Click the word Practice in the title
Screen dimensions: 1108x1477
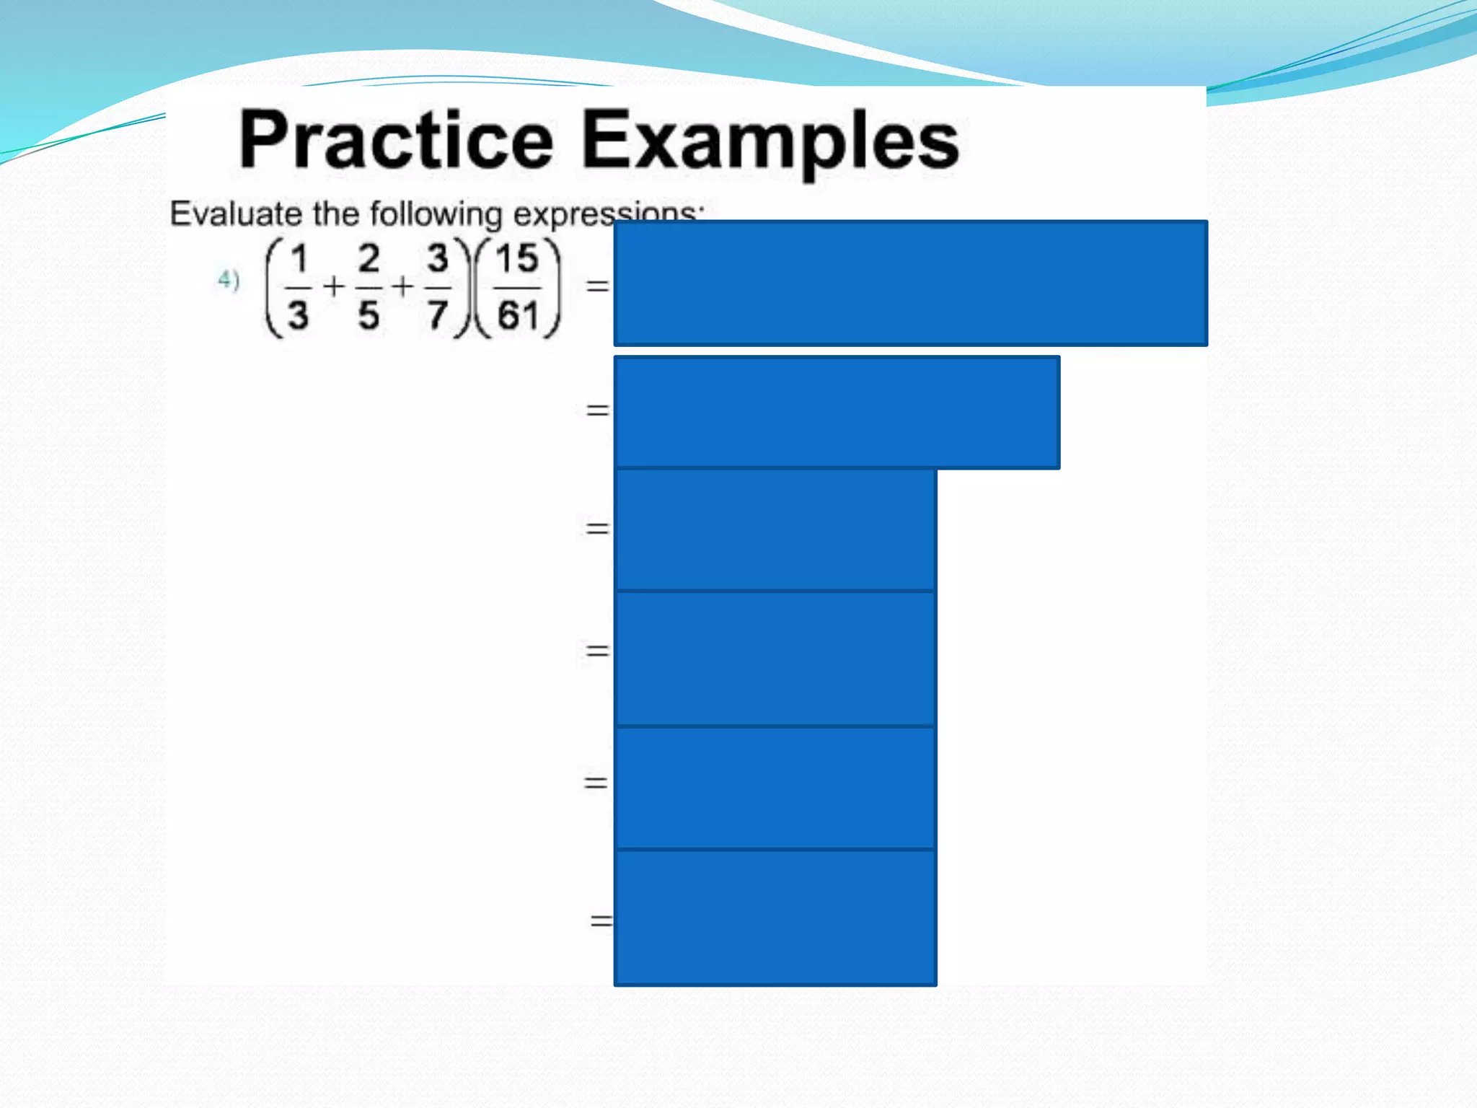pyautogui.click(x=396, y=141)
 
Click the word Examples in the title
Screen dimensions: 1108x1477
pyautogui.click(x=770, y=141)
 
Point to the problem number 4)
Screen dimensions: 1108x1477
pyautogui.click(x=229, y=279)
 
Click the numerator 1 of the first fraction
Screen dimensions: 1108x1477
pyautogui.click(x=299, y=259)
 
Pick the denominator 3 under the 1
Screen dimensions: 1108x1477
pyautogui.click(x=298, y=315)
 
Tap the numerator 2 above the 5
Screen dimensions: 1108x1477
pyautogui.click(x=369, y=259)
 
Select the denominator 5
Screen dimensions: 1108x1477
pyautogui.click(x=369, y=315)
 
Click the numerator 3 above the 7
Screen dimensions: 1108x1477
pyautogui.click(x=437, y=259)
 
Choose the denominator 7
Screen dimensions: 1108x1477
pyautogui.click(x=437, y=315)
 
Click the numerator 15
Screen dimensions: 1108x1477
pyautogui.click(x=516, y=259)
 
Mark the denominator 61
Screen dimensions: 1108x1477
pyautogui.click(x=517, y=315)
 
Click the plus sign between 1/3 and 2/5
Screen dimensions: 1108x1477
pyautogui.click(x=333, y=286)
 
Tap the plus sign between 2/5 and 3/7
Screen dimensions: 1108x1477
pyautogui.click(x=402, y=286)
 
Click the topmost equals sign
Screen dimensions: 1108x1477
pyautogui.click(x=597, y=286)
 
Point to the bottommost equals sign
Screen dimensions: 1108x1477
pyautogui.click(x=601, y=920)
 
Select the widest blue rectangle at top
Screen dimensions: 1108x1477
pyautogui.click(x=910, y=283)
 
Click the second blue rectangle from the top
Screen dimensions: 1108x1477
pyautogui.click(x=837, y=412)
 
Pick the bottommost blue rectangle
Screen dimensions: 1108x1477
pyautogui.click(x=775, y=918)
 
